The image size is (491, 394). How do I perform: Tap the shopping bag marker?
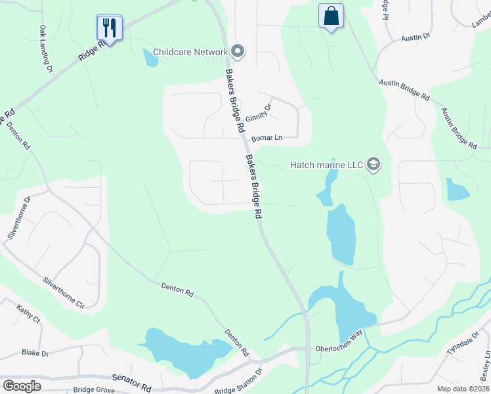331,17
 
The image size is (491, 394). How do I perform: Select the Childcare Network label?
190,51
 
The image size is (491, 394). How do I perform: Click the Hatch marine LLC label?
327,164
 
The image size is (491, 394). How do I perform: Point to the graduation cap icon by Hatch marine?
374,164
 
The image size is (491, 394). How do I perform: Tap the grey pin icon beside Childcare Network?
238,51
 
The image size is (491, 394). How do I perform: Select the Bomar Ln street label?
267,139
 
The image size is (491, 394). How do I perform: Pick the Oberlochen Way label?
339,349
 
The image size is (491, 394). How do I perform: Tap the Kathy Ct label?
29,314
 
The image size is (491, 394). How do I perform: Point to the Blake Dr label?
35,353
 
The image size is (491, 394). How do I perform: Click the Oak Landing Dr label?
46,44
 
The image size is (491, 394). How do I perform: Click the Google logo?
22,385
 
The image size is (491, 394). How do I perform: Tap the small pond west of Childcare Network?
151,58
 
